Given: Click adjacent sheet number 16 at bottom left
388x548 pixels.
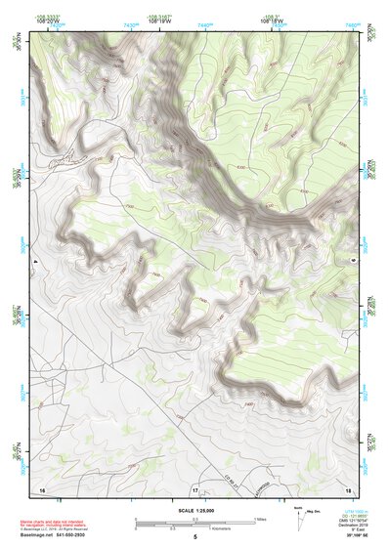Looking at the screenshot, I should (x=41, y=488).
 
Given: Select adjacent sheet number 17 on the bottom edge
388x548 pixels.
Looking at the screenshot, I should (x=194, y=488).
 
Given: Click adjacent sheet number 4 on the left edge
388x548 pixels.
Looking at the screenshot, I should (x=35, y=262).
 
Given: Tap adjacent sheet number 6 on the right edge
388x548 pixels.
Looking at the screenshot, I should (x=353, y=262).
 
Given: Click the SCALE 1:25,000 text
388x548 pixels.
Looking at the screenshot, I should (x=194, y=510).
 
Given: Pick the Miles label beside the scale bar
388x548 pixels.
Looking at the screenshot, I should (x=261, y=519).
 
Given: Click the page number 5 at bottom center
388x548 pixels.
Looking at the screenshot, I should (x=194, y=538).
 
